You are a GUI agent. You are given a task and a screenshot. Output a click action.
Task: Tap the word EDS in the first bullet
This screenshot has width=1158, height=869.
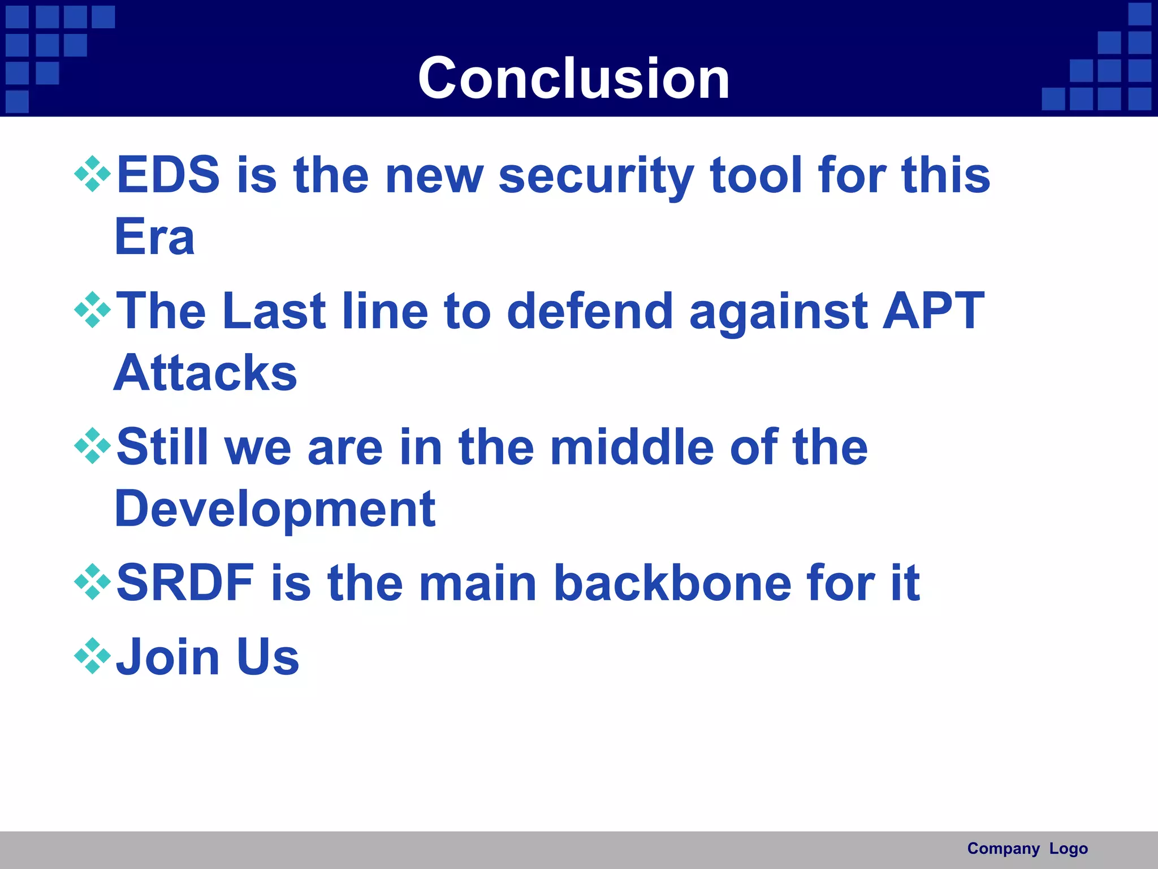coord(168,175)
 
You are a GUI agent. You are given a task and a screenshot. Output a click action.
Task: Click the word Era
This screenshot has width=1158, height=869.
coord(154,237)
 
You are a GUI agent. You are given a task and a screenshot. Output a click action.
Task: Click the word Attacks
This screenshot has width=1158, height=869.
coord(205,373)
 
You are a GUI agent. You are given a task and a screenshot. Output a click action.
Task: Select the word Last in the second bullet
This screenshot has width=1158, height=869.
coord(274,311)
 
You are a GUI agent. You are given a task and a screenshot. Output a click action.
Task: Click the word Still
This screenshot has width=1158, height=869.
coord(162,447)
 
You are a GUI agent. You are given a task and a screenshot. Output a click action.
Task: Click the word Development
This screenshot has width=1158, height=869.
coord(275,509)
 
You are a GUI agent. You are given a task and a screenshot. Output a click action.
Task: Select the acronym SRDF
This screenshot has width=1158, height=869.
coord(185,583)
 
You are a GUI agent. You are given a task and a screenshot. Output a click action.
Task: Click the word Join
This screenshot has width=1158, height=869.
coord(167,657)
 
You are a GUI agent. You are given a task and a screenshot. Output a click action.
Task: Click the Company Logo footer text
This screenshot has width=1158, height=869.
coord(1027,849)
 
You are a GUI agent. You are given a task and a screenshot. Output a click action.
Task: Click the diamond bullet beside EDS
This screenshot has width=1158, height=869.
coord(92,174)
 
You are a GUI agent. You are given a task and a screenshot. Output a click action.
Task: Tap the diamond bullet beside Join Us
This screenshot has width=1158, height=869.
coord(92,656)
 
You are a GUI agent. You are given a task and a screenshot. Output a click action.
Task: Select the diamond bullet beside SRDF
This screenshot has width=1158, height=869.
coord(92,582)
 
